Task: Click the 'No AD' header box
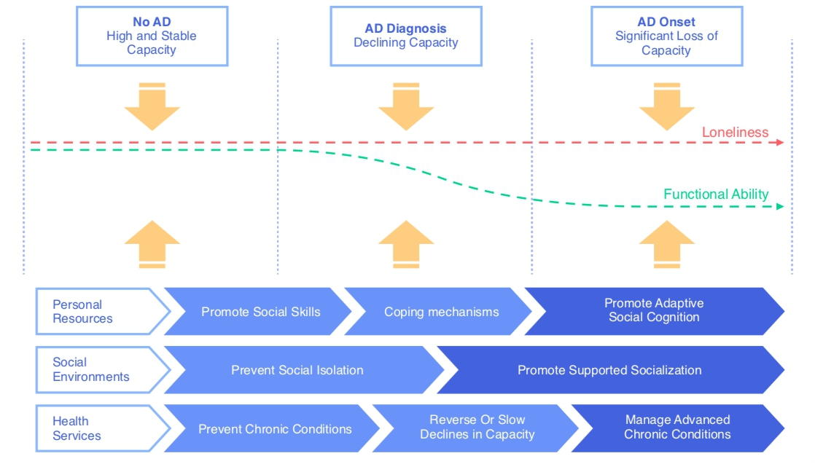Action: [x=152, y=36]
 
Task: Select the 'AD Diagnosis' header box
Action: [x=406, y=36]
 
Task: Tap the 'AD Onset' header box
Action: [x=666, y=36]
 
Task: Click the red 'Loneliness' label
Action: [x=735, y=133]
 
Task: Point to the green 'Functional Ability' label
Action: [x=716, y=194]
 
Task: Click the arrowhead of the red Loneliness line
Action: [x=781, y=142]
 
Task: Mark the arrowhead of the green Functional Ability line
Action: [x=781, y=207]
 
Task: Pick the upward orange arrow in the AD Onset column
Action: [x=666, y=244]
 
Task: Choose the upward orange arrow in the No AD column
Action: [x=152, y=244]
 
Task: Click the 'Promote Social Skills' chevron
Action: [x=260, y=312]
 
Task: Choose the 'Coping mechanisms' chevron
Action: [x=442, y=312]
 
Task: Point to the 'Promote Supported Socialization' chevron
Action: [x=609, y=370]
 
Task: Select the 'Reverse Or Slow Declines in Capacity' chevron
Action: [x=477, y=428]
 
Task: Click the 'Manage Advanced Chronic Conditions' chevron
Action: [x=677, y=428]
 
